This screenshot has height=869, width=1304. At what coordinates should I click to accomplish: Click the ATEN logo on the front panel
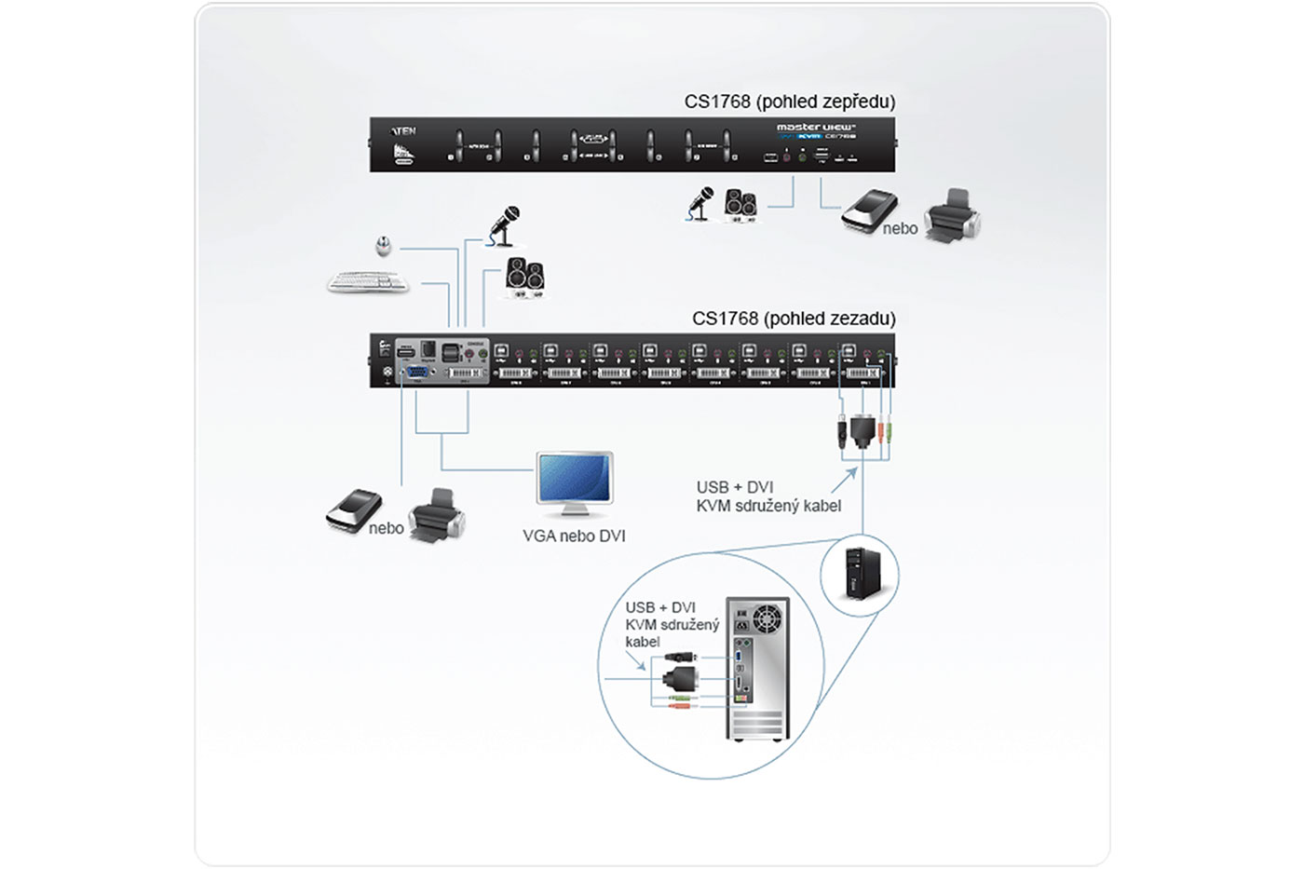pyautogui.click(x=404, y=131)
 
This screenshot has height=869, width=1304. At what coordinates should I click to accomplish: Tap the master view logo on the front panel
pyautogui.click(x=816, y=127)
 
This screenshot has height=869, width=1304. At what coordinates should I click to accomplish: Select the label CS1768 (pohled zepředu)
pyautogui.click(x=789, y=102)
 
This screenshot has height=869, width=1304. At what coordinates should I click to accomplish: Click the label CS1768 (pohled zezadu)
pyautogui.click(x=794, y=319)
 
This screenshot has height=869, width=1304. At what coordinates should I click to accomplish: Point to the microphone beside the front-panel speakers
pyautogui.click(x=700, y=203)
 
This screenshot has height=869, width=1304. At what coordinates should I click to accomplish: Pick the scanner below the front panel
pyautogui.click(x=868, y=211)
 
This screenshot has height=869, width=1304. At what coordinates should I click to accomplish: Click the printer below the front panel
pyautogui.click(x=952, y=216)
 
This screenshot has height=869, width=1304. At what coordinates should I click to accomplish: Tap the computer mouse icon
pyautogui.click(x=383, y=246)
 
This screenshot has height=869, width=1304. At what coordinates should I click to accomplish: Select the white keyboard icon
pyautogui.click(x=369, y=281)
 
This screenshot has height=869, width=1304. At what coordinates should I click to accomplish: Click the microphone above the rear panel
pyautogui.click(x=504, y=225)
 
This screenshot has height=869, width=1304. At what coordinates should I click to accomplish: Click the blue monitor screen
pyautogui.click(x=575, y=479)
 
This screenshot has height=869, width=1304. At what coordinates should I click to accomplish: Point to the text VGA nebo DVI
pyautogui.click(x=574, y=536)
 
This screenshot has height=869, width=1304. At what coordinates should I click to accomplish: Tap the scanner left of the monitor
pyautogui.click(x=354, y=511)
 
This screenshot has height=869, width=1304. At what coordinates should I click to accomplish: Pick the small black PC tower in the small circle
pyautogui.click(x=858, y=572)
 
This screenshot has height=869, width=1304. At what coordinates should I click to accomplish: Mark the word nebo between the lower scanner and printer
pyautogui.click(x=386, y=528)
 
